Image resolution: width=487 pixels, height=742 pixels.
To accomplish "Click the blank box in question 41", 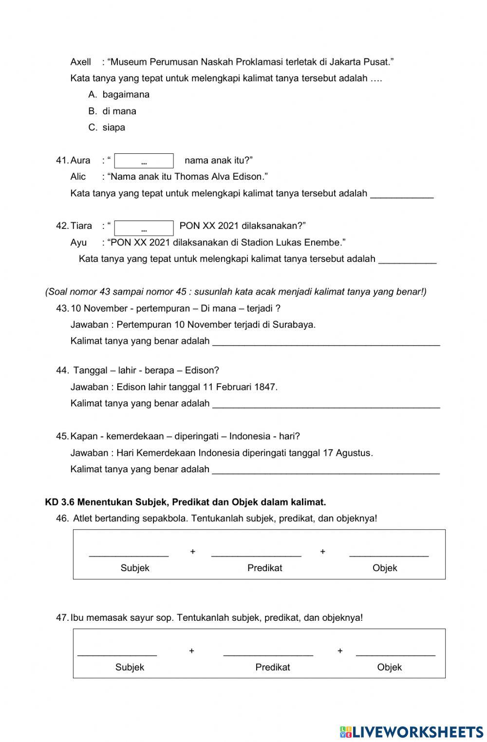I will click(144, 161).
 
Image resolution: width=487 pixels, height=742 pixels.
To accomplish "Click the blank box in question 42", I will click(144, 228).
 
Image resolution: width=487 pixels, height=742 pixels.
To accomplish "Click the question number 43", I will click(62, 309).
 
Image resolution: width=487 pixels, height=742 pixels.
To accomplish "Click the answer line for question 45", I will click(326, 470).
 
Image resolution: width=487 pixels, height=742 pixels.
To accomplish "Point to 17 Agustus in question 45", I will click(347, 453).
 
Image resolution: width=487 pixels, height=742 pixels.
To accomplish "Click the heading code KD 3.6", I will click(59, 502).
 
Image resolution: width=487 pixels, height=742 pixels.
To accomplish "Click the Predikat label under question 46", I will click(264, 568).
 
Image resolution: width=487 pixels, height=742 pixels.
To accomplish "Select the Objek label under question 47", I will click(389, 668).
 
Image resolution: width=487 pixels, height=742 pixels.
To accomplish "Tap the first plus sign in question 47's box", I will click(192, 651).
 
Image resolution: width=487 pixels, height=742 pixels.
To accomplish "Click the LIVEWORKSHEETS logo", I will click(412, 732).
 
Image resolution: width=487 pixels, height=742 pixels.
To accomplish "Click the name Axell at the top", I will click(81, 62).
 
